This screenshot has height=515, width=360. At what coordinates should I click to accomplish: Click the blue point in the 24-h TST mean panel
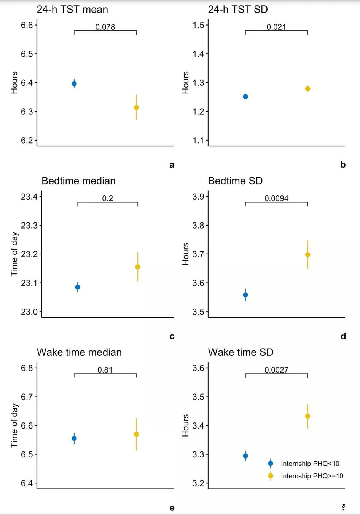[x=74, y=84]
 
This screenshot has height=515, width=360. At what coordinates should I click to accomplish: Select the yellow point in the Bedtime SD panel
[x=307, y=255]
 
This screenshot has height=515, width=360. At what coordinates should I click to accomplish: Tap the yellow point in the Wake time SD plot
[x=307, y=416]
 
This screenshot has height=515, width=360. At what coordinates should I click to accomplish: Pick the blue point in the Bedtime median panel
[x=78, y=287]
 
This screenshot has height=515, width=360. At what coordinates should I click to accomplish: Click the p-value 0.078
[x=105, y=27]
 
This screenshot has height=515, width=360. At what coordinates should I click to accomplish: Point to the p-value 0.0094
[x=276, y=198]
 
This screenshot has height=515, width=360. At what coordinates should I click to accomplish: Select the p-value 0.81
[x=105, y=370]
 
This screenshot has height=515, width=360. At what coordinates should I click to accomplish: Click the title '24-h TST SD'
[x=238, y=9]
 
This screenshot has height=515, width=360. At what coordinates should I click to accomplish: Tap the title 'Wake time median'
[x=79, y=352]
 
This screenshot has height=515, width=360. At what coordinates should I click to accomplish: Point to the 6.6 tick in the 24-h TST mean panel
[x=27, y=25]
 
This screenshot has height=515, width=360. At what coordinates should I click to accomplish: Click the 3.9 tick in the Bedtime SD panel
[x=198, y=197]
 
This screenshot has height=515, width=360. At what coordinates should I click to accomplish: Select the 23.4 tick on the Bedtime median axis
[x=29, y=197]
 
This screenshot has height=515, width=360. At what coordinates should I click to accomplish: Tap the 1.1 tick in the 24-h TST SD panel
[x=198, y=141]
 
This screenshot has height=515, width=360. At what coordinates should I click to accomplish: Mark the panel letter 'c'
[x=172, y=336]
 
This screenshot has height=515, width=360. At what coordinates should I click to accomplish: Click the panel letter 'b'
[x=343, y=165]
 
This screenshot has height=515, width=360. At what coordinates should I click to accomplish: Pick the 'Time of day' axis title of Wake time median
[x=14, y=425]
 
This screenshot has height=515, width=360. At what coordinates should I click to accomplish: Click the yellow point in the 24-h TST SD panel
[x=307, y=89]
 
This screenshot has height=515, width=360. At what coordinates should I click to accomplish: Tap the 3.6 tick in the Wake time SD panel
[x=198, y=368]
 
